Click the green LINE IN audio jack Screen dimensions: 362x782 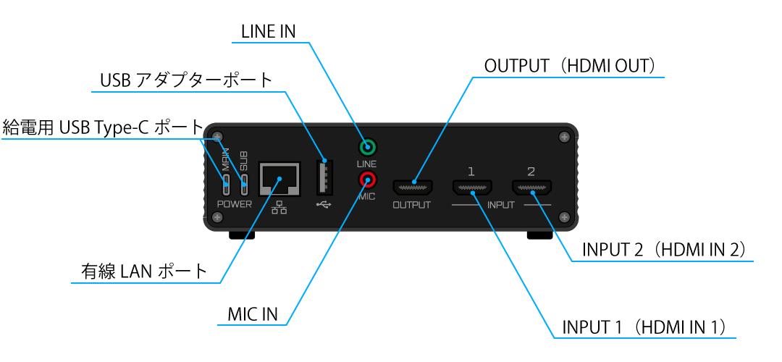368,149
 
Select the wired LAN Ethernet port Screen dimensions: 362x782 279,178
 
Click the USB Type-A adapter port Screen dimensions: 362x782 324,177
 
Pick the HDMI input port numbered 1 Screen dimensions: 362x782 471,188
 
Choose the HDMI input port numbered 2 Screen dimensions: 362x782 531,188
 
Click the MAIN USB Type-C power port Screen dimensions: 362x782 227,182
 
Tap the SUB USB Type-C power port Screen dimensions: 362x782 245,182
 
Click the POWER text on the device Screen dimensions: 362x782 235,204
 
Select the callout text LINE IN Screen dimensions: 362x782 268,32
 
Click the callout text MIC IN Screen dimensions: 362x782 253,315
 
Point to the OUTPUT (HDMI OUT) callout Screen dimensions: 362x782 569,66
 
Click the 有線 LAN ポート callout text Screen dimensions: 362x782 144,271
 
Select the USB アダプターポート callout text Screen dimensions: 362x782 186,80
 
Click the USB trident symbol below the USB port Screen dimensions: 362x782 323,204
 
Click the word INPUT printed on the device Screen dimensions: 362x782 501,205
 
